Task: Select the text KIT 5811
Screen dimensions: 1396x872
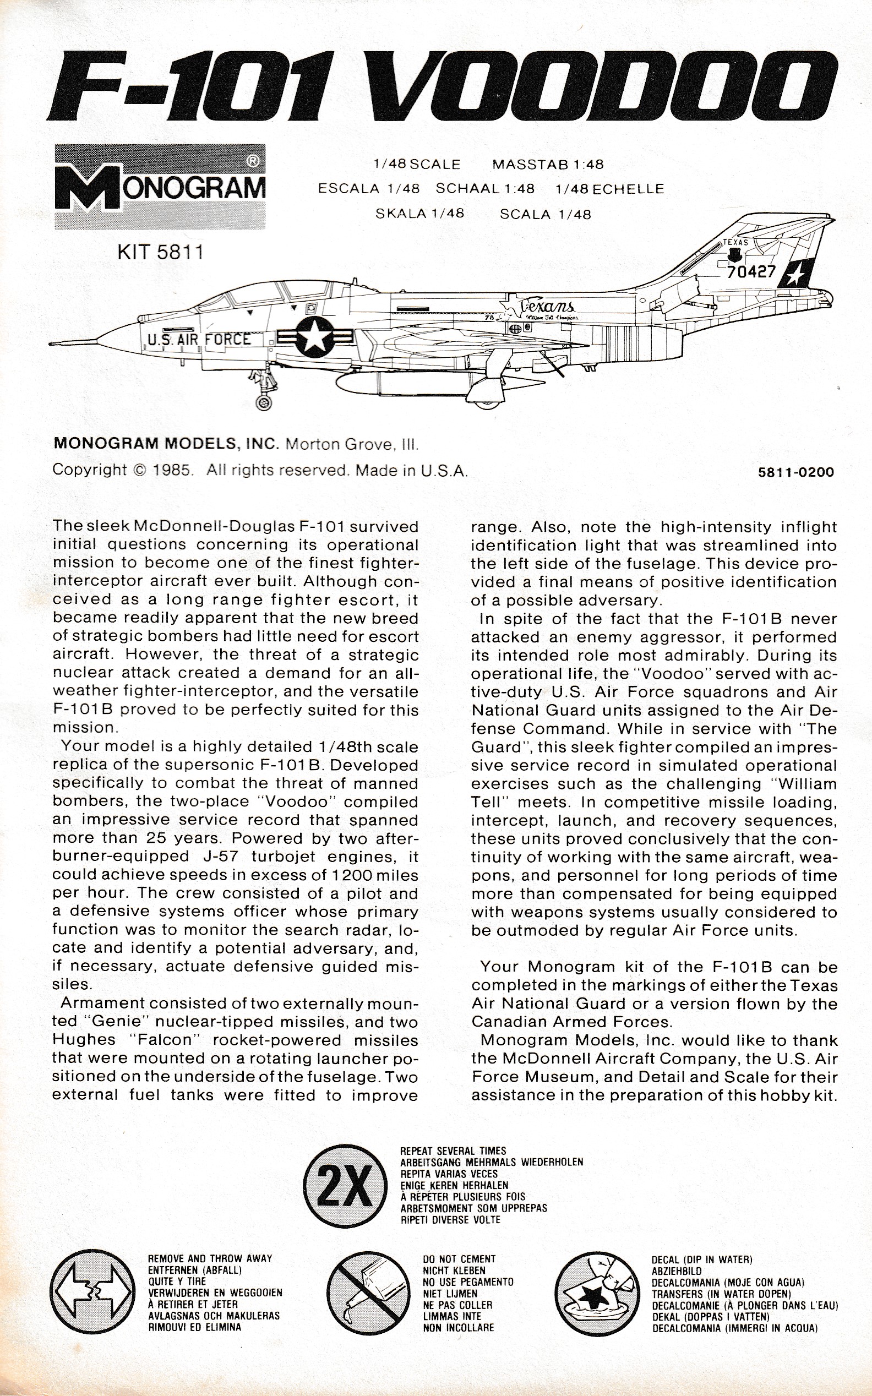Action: click(x=160, y=253)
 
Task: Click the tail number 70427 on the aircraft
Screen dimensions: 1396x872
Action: click(x=751, y=271)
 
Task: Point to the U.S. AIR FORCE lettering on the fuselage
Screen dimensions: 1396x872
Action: click(x=199, y=340)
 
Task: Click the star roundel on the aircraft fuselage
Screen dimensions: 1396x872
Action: click(x=315, y=337)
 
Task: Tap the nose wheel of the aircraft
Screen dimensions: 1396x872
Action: click(x=265, y=402)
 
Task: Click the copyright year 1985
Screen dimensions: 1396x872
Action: click(x=171, y=470)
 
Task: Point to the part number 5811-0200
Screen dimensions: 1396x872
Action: click(x=796, y=472)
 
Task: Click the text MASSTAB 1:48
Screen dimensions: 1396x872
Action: click(x=547, y=165)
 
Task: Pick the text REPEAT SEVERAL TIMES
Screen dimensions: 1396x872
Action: click(x=453, y=1151)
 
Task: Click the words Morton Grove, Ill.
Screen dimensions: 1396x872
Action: click(x=352, y=445)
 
